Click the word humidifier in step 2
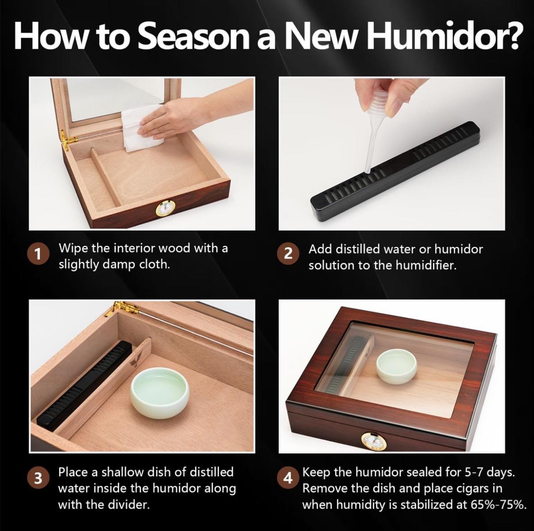tap(426, 265)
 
